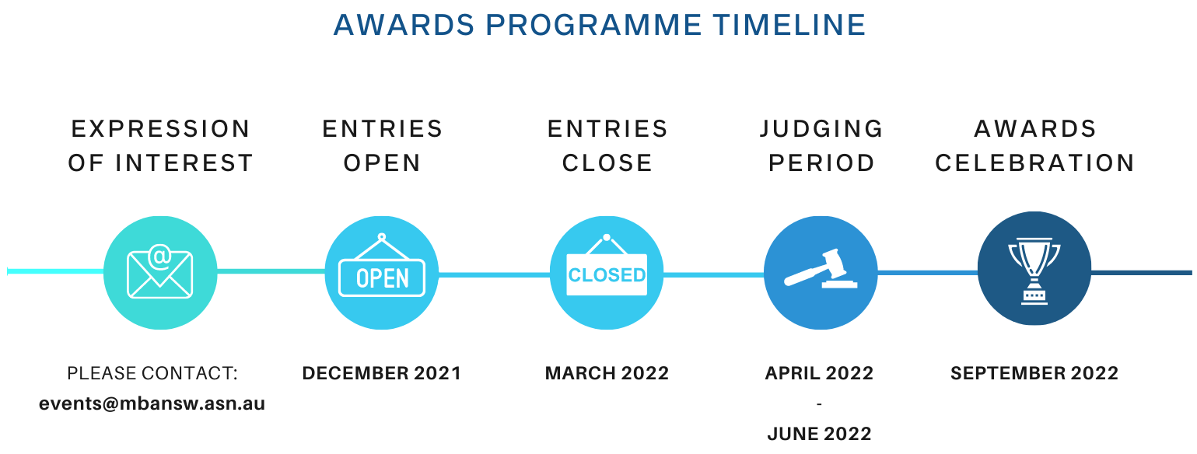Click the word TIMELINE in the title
coord(789,25)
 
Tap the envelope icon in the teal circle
coord(159,272)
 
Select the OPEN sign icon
coord(382,265)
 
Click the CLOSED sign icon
coord(607,265)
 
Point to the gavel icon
coord(821,269)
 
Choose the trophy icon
coord(1034,271)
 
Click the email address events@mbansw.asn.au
coord(152,403)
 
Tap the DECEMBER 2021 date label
coord(382,373)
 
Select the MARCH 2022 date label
coord(607,373)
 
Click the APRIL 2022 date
coord(819,373)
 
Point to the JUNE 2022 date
coord(819,434)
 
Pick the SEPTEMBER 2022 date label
coord(1034,373)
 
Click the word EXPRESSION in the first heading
coord(161,129)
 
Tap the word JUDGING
coord(821,129)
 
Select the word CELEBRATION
coord(1034,163)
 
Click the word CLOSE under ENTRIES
coord(607,163)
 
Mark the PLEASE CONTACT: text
coord(152,373)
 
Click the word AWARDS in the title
coord(404,25)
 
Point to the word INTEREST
coord(184,163)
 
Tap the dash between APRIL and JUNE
coord(819,403)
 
